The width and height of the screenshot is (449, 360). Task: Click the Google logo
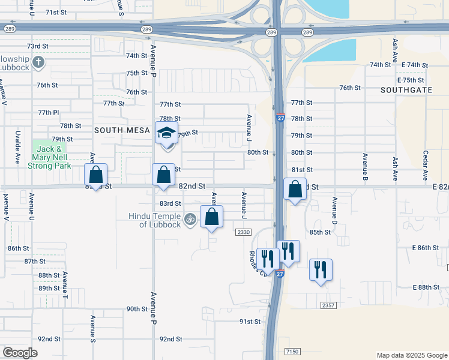click(20, 353)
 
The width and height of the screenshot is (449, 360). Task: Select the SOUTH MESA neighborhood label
click(116, 130)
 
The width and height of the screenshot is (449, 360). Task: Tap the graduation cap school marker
click(167, 133)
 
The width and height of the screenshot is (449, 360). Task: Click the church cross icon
click(38, 62)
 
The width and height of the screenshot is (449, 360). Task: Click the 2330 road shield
click(243, 232)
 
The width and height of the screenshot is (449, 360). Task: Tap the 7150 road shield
click(292, 351)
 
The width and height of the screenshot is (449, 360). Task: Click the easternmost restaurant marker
click(321, 269)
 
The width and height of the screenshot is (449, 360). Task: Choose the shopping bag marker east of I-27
click(295, 190)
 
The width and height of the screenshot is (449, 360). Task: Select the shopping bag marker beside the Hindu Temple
click(211, 217)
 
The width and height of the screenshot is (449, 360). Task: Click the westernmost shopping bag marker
click(95, 175)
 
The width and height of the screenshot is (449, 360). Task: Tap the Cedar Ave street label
click(426, 165)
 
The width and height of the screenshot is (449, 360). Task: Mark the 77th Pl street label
click(49, 112)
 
